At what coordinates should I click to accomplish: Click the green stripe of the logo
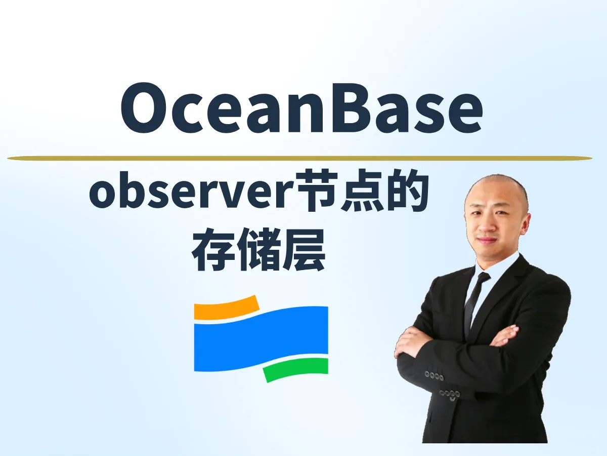[x=296, y=369]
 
